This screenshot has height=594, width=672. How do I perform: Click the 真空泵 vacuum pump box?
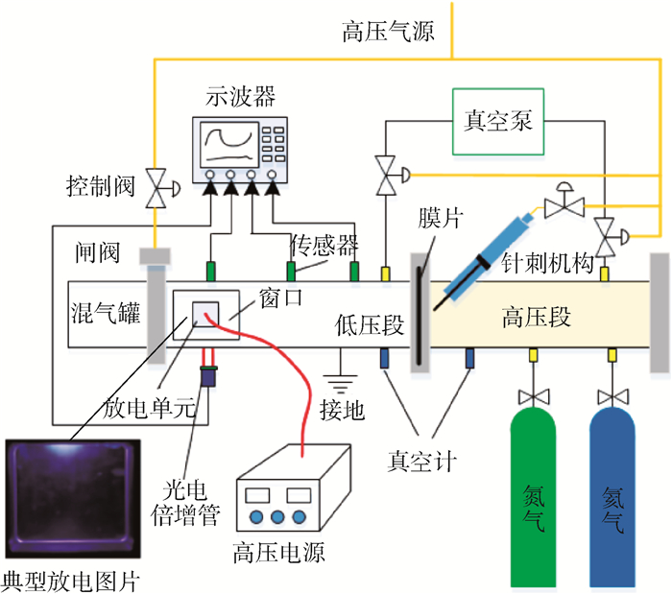(498, 122)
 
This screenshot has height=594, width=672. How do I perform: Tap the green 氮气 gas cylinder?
(533, 498)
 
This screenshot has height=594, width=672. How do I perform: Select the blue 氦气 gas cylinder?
(612, 498)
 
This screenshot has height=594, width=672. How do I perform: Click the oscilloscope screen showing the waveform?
(229, 144)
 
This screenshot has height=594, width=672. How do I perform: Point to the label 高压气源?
(388, 32)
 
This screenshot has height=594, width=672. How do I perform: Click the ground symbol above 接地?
(340, 383)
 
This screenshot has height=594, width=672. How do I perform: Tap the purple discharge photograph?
(73, 498)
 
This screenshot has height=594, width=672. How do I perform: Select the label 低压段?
(370, 325)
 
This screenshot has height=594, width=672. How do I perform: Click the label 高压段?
(536, 318)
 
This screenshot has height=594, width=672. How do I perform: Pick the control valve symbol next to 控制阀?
(160, 188)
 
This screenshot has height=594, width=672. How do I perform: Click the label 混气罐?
(106, 312)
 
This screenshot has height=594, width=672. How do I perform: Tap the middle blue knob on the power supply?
(277, 517)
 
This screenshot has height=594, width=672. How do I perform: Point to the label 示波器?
(240, 96)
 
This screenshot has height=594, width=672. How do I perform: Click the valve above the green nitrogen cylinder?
(534, 397)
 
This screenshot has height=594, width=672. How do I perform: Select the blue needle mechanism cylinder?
(489, 257)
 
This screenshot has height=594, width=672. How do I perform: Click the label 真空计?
(421, 462)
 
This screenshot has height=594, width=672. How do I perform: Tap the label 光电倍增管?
(185, 503)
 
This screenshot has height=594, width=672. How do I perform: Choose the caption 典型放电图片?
(70, 582)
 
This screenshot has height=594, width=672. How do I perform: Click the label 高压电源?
(279, 552)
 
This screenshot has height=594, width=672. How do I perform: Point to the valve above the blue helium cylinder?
(613, 397)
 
